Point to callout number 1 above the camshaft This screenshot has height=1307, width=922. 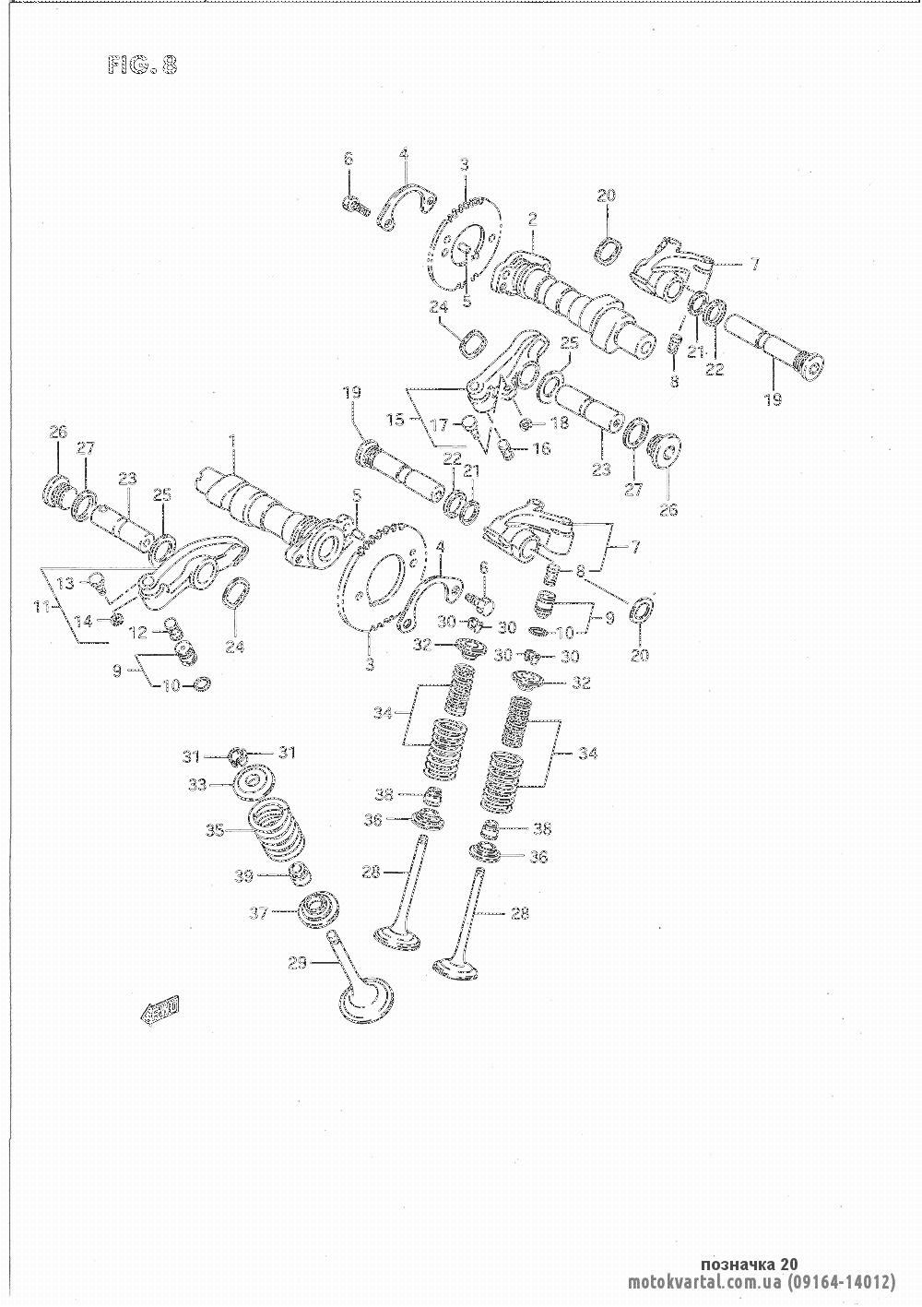(x=232, y=443)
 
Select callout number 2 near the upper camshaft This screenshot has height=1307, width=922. (x=532, y=219)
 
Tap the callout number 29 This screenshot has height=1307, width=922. (x=296, y=963)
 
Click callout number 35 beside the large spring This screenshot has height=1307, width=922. (x=214, y=830)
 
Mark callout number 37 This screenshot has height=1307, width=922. (x=259, y=913)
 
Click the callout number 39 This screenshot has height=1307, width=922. (x=243, y=876)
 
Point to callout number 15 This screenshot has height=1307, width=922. (x=395, y=420)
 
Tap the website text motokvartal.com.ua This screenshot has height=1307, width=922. (x=704, y=1282)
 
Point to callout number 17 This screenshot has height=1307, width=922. (x=440, y=425)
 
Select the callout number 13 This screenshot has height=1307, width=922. (x=65, y=583)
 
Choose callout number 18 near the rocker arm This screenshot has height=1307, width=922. (x=560, y=423)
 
